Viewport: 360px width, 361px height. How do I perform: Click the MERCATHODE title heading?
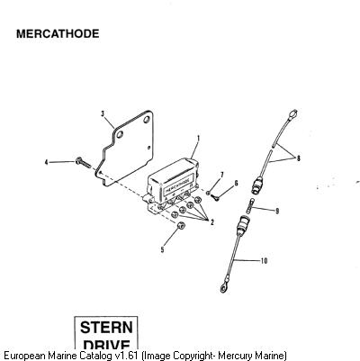tap(58, 33)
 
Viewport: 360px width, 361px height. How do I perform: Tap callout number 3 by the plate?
tap(103, 113)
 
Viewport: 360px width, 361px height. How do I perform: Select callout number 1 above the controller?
tap(198, 139)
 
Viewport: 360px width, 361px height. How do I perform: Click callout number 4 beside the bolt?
tap(46, 162)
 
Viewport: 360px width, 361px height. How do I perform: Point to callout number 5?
tap(162, 249)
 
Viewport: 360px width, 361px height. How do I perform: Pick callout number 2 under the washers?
tap(212, 222)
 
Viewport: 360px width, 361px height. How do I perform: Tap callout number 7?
tap(222, 175)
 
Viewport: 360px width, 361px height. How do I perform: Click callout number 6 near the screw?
tap(236, 183)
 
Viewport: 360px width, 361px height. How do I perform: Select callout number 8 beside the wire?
tap(298, 158)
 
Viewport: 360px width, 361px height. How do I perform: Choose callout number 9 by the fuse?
tap(277, 211)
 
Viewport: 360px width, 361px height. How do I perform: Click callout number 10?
tap(264, 261)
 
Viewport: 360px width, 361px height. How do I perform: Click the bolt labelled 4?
tap(83, 163)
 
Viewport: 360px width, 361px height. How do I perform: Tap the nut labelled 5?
tap(180, 226)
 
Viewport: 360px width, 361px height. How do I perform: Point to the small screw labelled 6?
tap(215, 197)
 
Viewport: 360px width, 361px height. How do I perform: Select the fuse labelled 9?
tap(251, 206)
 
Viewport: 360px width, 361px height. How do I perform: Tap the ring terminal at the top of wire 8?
tap(292, 114)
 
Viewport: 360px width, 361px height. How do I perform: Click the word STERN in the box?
tap(106, 327)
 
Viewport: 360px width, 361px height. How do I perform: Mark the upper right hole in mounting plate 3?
tap(147, 120)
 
